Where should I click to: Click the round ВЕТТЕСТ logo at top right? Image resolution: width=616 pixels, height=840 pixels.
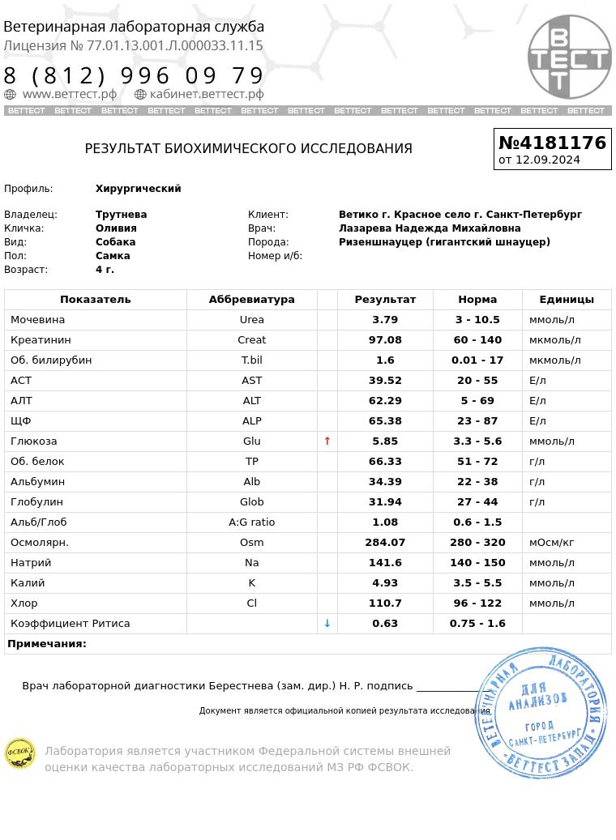point(569,57)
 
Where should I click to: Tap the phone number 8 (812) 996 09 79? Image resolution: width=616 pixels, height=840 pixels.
point(134,76)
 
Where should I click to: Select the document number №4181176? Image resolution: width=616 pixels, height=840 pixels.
point(552,143)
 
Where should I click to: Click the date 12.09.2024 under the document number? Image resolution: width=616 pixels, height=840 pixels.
point(548,160)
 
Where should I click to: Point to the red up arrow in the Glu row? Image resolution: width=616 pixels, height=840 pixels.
point(327,441)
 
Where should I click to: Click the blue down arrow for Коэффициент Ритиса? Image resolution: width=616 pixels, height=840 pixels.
point(327,624)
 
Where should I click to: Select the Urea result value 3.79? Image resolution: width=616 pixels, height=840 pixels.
point(385,320)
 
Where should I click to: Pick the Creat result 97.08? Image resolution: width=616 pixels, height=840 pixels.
point(385,340)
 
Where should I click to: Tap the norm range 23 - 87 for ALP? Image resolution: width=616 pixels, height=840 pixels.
point(477,421)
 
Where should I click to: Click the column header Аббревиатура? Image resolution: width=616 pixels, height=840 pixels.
point(251,300)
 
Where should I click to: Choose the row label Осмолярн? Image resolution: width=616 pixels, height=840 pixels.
point(40,543)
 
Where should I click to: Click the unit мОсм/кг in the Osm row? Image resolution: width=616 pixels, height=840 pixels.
point(552,543)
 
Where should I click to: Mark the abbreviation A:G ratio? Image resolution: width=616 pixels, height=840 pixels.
point(251,522)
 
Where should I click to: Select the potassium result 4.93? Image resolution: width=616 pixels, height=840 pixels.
point(385,583)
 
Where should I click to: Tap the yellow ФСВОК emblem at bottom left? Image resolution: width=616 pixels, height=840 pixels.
point(20,753)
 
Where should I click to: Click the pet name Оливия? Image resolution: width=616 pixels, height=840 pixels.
point(116,228)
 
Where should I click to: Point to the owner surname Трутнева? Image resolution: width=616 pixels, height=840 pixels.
point(122,215)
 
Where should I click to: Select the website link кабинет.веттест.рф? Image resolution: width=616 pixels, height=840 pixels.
point(206,94)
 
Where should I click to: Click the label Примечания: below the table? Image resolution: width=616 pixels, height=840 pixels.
point(47,644)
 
